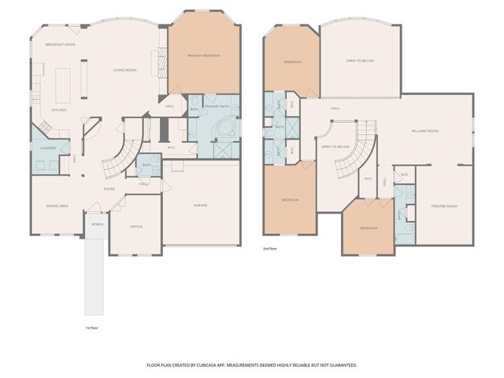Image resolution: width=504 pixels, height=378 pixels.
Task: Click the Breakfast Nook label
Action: pyautogui.click(x=60, y=45)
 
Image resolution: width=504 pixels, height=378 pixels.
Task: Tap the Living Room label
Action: pyautogui.click(x=125, y=70)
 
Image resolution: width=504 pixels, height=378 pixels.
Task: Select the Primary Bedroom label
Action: pyautogui.click(x=203, y=56)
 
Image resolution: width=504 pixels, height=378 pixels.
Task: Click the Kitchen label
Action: pyautogui.click(x=60, y=110)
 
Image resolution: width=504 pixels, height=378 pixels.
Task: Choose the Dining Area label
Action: pyautogui.click(x=57, y=206)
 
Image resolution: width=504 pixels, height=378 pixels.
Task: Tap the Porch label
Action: pyautogui.click(x=97, y=224)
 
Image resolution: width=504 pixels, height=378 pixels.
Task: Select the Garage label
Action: pyautogui.click(x=201, y=206)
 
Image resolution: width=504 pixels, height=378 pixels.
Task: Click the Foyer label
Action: pyautogui.click(x=110, y=189)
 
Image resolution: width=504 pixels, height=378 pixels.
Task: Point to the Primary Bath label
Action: pyautogui.click(x=217, y=106)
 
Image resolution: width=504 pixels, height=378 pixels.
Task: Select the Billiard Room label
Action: pyautogui.click(x=424, y=132)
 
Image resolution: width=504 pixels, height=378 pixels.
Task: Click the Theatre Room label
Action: pyautogui.click(x=443, y=206)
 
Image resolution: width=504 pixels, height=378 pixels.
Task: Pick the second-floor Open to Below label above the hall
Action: pyautogui.click(x=359, y=61)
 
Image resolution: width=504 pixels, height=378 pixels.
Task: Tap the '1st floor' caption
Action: pyautogui.click(x=92, y=327)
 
